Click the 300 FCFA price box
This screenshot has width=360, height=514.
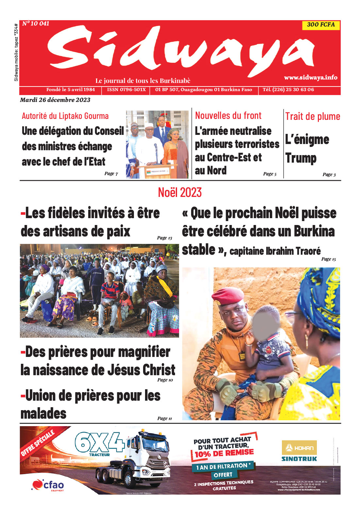(x=321, y=25)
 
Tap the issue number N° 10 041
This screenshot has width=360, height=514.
(x=36, y=24)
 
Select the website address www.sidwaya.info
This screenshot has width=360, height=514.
(x=310, y=77)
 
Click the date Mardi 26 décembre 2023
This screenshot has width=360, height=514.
(x=55, y=100)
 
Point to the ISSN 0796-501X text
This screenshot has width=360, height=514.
(x=126, y=89)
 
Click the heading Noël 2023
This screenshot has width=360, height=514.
(x=180, y=192)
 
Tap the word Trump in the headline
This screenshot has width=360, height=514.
(x=301, y=158)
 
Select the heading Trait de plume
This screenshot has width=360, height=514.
(x=313, y=116)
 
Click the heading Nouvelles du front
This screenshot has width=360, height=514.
(x=228, y=115)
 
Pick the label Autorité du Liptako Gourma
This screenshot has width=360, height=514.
(x=65, y=116)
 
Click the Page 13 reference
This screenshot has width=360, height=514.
(x=164, y=238)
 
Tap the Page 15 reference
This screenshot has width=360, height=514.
(x=328, y=259)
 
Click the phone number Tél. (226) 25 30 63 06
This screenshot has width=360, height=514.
(x=288, y=89)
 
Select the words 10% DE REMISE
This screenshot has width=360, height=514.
(x=224, y=453)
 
